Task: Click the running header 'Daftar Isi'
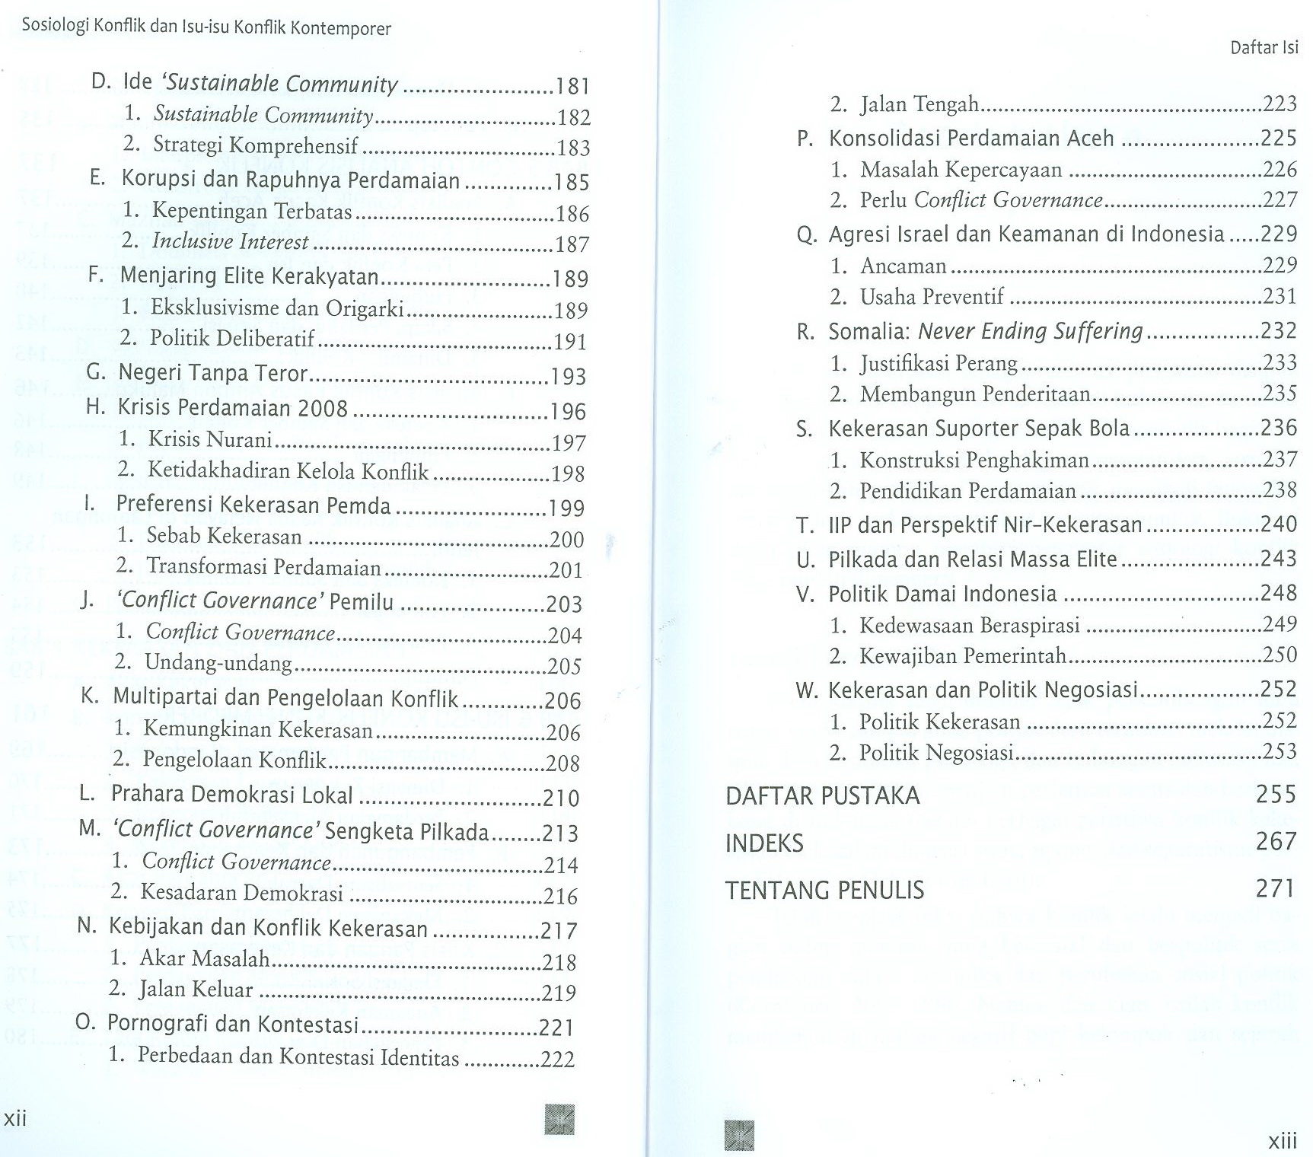point(1264,47)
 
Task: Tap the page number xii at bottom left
point(16,1117)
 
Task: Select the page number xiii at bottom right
point(1282,1140)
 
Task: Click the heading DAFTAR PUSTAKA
point(822,795)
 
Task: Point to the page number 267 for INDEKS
point(1276,841)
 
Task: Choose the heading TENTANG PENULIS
point(824,890)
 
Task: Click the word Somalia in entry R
point(868,331)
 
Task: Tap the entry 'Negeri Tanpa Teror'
point(212,372)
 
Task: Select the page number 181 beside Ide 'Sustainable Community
point(572,85)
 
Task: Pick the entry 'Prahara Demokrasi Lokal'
point(232,794)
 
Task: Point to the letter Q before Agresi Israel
point(805,235)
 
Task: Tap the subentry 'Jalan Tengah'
point(919,104)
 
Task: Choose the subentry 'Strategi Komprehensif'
point(255,145)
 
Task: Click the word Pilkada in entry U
point(859,559)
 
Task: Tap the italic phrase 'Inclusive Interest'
point(230,241)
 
